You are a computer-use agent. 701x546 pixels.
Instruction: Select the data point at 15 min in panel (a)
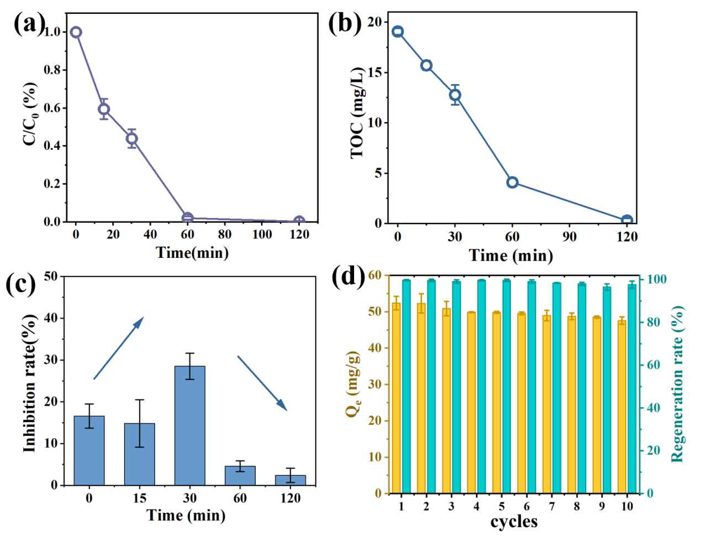point(104,109)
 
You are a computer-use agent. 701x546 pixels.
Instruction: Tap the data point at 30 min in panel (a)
point(131,138)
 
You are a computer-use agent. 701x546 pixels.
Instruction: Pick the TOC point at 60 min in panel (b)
point(512,182)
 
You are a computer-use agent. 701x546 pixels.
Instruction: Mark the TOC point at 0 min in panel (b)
point(398,32)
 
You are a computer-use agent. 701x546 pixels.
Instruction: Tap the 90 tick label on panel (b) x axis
point(570,237)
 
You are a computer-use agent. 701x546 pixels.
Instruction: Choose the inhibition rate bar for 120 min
point(291,480)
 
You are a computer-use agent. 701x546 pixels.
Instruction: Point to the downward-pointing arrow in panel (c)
point(262,383)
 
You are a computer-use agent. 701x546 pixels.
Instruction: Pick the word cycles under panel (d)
point(514,522)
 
